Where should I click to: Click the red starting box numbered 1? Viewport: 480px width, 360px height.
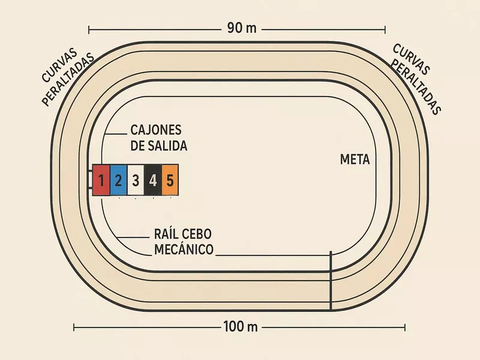(101, 179)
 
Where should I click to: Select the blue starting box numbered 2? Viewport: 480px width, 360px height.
(119, 179)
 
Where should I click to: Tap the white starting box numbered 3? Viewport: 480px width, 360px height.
(136, 179)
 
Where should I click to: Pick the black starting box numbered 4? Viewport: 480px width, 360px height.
(153, 179)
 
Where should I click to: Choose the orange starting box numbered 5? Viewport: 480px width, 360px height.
(170, 179)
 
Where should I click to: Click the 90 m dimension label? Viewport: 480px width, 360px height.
(241, 28)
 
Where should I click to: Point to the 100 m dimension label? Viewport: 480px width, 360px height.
(240, 327)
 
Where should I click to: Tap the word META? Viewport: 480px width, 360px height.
(355, 160)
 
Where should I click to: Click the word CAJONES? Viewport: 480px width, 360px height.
(155, 130)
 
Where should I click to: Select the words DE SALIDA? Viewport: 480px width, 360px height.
(158, 146)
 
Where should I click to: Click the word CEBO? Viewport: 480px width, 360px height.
(197, 234)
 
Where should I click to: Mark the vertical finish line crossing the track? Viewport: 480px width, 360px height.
(331, 281)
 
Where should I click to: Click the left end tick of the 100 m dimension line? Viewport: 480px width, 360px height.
(74, 327)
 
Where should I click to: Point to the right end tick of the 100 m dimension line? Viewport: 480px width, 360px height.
(406, 327)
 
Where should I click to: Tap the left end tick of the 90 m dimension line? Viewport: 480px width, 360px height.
(89, 28)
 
